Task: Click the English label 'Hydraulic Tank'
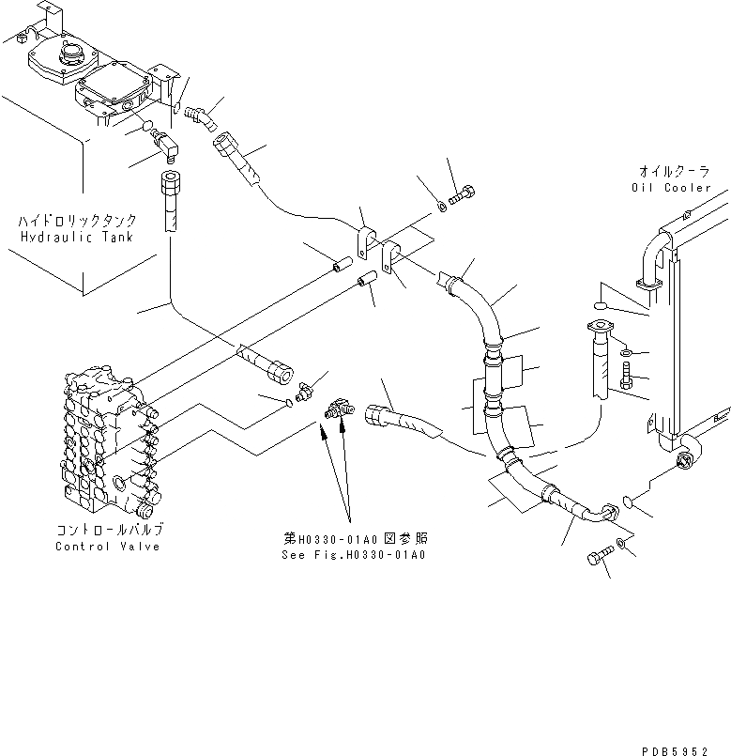(x=77, y=237)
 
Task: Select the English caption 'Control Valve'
(x=107, y=547)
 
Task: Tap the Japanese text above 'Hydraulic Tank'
(x=77, y=221)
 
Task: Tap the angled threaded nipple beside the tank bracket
(x=200, y=116)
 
